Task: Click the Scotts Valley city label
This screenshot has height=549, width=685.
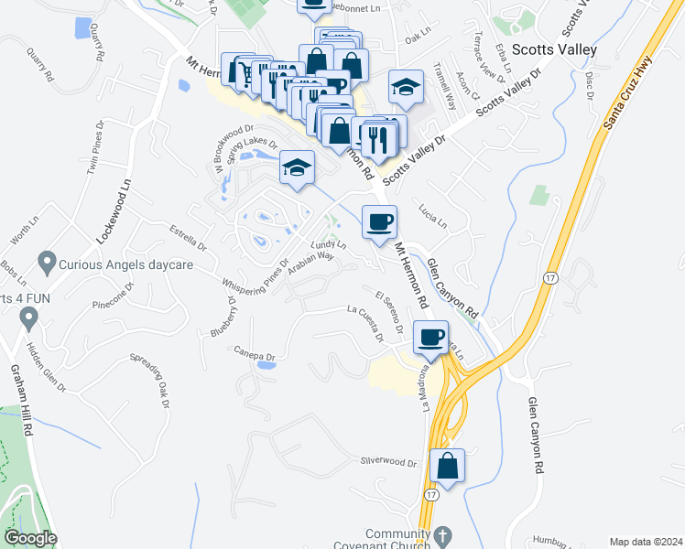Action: [554, 49]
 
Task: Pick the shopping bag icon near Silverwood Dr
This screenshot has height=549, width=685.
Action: [447, 465]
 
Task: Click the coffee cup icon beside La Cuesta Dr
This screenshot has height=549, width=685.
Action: [431, 337]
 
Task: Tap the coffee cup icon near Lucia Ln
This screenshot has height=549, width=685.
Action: [379, 221]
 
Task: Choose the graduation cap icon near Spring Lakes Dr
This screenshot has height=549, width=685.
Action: [297, 167]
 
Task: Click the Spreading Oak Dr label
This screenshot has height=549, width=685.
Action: [151, 372]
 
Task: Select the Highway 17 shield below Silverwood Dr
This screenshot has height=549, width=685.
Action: [429, 492]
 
